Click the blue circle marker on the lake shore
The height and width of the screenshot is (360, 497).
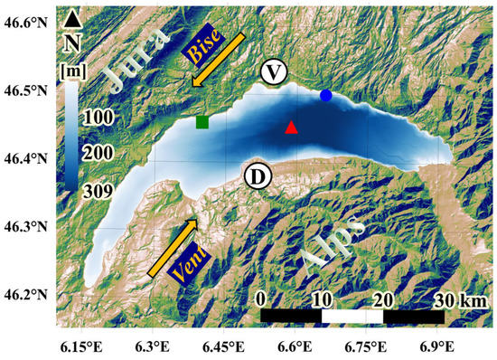pos(325,95)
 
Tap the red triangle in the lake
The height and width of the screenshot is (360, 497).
pos(291,128)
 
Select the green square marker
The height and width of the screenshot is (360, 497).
pos(202,122)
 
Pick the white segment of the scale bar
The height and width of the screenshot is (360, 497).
pos(352,317)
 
